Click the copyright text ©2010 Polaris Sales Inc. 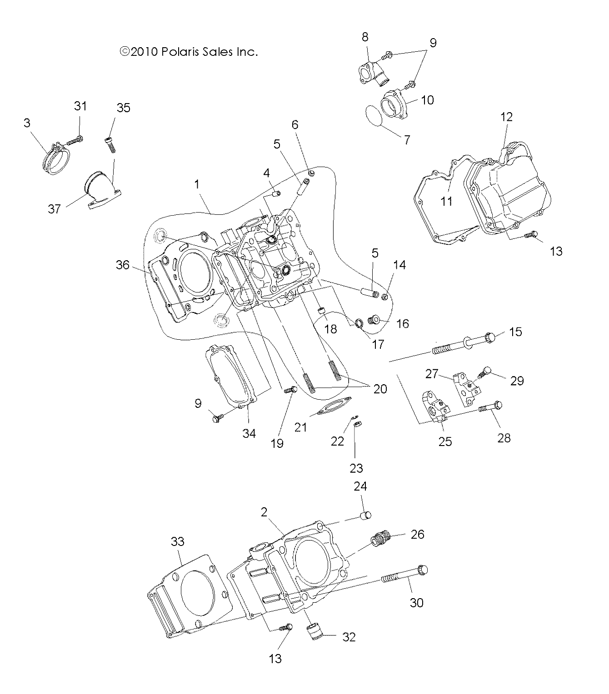coord(189,52)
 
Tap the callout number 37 coord(55,209)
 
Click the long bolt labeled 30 coord(404,575)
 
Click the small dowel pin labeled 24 coord(365,515)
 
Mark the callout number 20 coord(380,389)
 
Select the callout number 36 coord(123,265)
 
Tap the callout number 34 coord(249,433)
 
